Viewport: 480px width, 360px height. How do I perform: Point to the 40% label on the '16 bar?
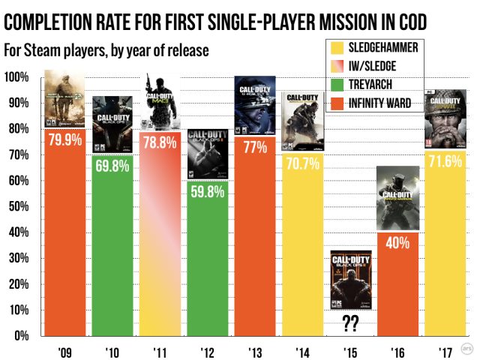pyautogui.click(x=397, y=243)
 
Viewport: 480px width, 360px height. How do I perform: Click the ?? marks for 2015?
pyautogui.click(x=351, y=325)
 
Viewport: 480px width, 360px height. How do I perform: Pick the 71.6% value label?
pyautogui.click(x=446, y=162)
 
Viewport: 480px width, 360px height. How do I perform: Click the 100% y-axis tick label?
pyautogui.click(x=16, y=77)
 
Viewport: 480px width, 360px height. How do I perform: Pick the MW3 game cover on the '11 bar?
pyautogui.click(x=160, y=101)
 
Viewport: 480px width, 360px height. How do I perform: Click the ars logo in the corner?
pyautogui.click(x=466, y=348)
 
